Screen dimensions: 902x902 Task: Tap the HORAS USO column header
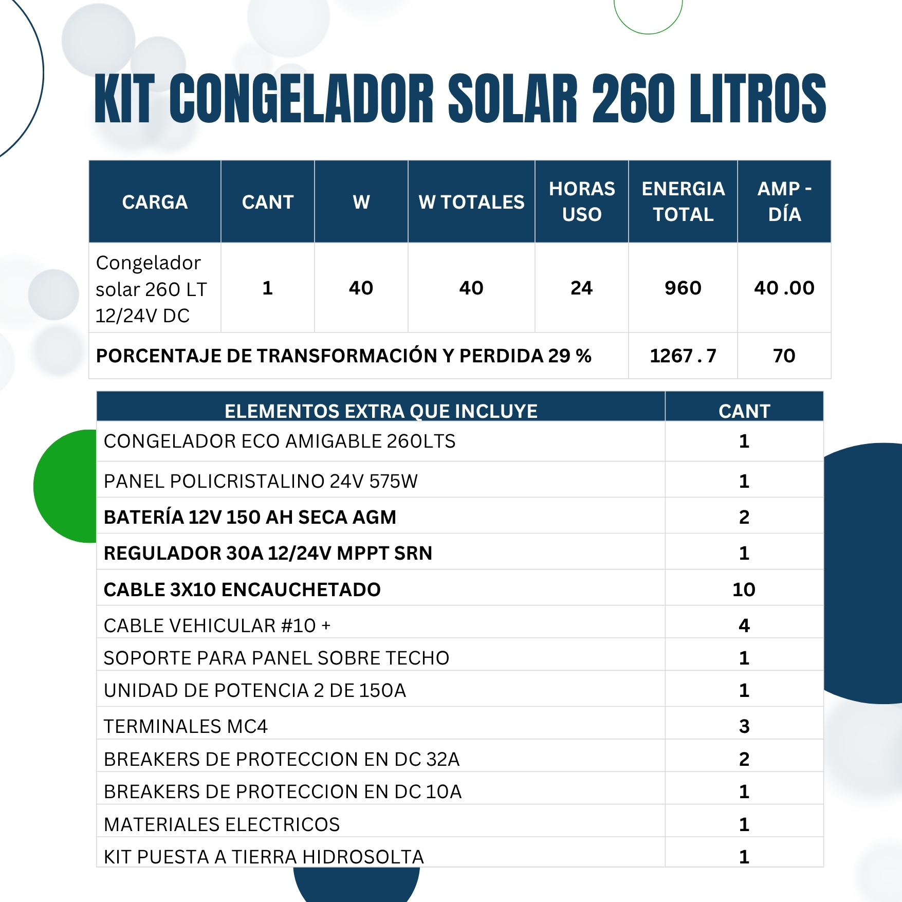[x=581, y=201]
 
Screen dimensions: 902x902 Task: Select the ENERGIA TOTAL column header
[x=683, y=201]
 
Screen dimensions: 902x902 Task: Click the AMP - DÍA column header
[x=784, y=201]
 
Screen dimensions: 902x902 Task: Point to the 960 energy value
[x=683, y=288]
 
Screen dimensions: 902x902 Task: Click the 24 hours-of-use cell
[x=581, y=288]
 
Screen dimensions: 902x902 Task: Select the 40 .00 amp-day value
[x=784, y=288]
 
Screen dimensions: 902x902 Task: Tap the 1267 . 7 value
[x=683, y=356]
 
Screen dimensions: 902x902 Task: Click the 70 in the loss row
[x=784, y=356]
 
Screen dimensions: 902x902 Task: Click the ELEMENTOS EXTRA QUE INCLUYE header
[x=381, y=411]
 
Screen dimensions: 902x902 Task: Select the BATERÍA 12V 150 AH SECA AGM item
[x=250, y=517]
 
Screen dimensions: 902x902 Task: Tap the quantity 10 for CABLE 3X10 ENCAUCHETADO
[x=744, y=590]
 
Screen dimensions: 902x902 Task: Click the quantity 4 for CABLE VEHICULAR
[x=744, y=625]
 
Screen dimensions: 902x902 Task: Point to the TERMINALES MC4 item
[x=186, y=726]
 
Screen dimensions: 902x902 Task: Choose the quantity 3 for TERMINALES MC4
[x=744, y=726]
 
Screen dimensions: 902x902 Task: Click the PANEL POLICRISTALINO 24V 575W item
[x=261, y=481]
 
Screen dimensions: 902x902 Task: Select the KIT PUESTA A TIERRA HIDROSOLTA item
[x=264, y=857]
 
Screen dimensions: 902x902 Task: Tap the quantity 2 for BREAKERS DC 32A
[x=744, y=759]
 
